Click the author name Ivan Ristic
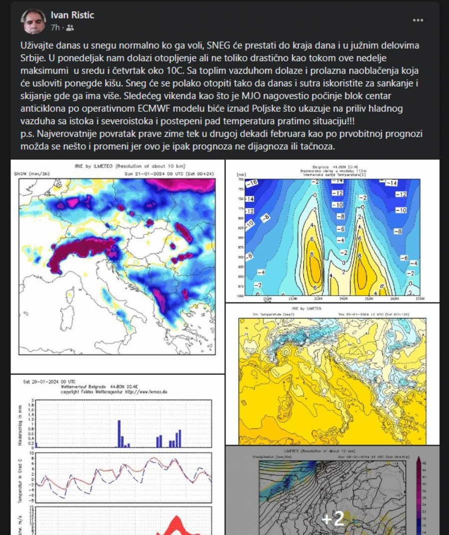point(72,15)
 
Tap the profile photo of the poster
point(33,21)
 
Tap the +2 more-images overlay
point(333,519)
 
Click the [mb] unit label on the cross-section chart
point(237,175)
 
